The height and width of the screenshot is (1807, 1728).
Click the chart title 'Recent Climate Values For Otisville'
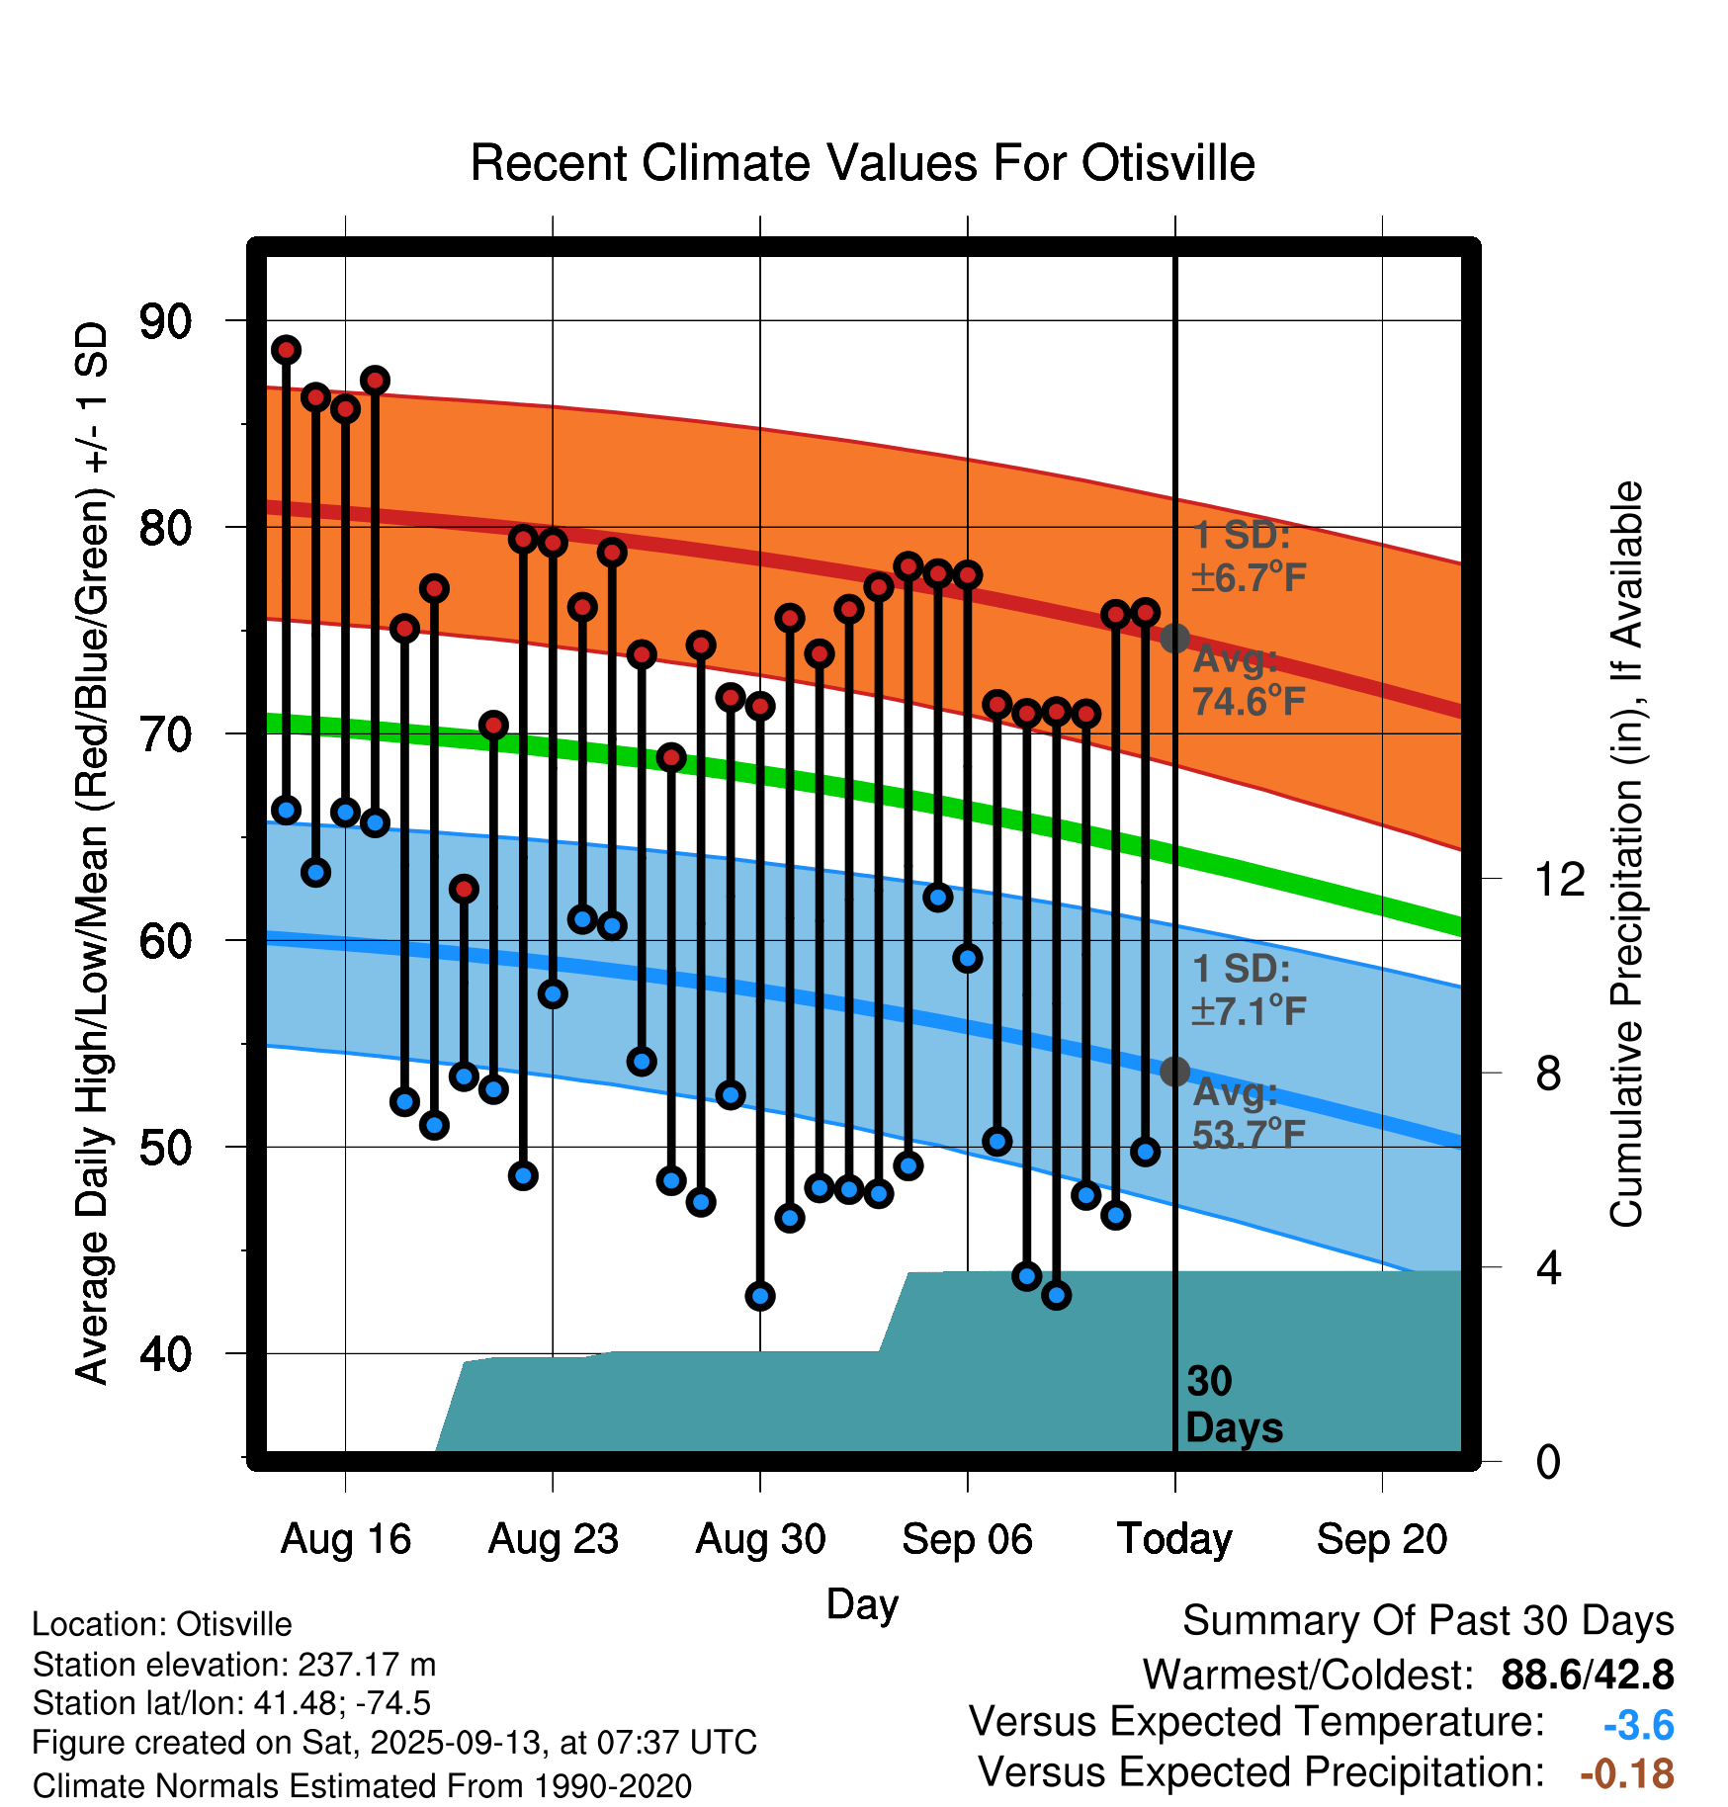point(862,163)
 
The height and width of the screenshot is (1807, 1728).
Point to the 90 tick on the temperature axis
point(166,321)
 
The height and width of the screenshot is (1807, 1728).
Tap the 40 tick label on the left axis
point(166,1353)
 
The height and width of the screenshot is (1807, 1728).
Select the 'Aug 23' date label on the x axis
point(553,1539)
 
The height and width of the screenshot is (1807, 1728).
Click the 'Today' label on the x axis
point(1174,1539)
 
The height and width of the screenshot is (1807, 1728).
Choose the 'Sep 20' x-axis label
point(1381,1539)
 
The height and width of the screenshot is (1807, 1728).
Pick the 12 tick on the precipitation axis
point(1559,879)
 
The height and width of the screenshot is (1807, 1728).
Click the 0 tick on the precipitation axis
point(1548,1461)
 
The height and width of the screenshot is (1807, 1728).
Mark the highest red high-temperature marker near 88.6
point(287,350)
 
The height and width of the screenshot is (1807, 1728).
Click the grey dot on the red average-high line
point(1174,639)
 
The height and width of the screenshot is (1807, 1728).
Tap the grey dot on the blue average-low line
point(1174,1071)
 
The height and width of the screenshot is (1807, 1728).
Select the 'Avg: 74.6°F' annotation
point(1249,681)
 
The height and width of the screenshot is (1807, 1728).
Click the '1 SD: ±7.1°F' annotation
point(1249,990)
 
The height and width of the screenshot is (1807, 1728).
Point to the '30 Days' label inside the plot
point(1233,1405)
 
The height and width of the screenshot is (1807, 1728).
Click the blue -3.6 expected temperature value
point(1638,1726)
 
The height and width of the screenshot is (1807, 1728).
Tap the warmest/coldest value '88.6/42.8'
point(1587,1675)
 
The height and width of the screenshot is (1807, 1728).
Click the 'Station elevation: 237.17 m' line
point(234,1665)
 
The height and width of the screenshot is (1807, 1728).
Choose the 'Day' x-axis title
point(862,1603)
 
